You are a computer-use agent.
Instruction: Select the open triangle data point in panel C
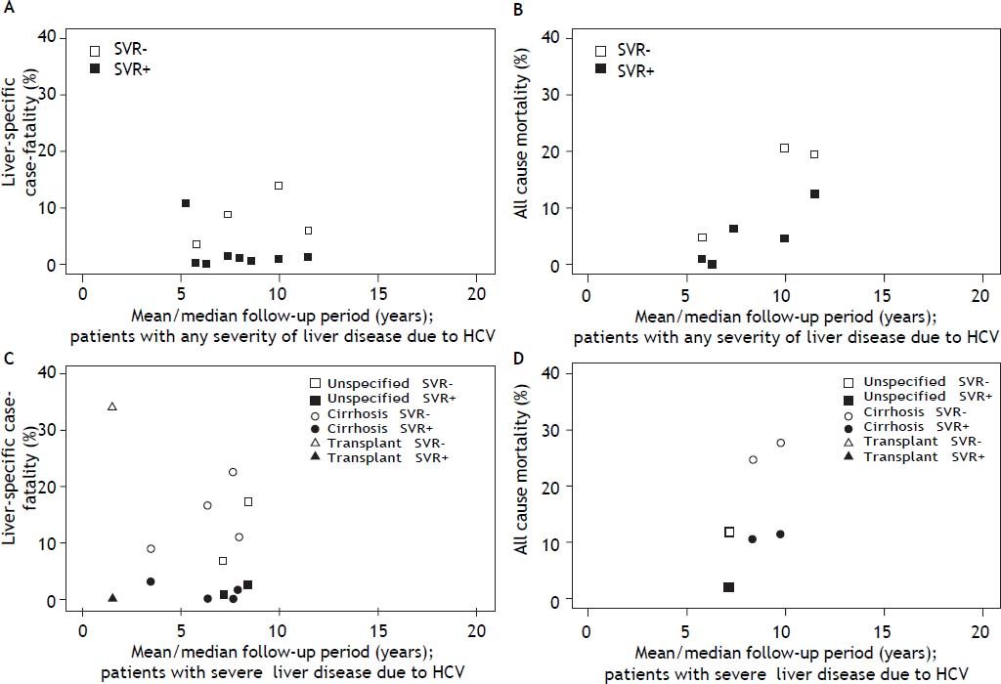pyautogui.click(x=112, y=406)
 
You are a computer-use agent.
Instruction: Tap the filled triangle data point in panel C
pyautogui.click(x=112, y=598)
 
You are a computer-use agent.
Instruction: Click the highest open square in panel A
pyautogui.click(x=279, y=186)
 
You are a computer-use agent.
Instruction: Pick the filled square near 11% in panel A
pyautogui.click(x=185, y=203)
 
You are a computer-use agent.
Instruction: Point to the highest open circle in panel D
pyautogui.click(x=780, y=443)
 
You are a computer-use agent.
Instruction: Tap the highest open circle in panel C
pyautogui.click(x=233, y=472)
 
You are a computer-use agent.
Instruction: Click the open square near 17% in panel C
pyautogui.click(x=248, y=502)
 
